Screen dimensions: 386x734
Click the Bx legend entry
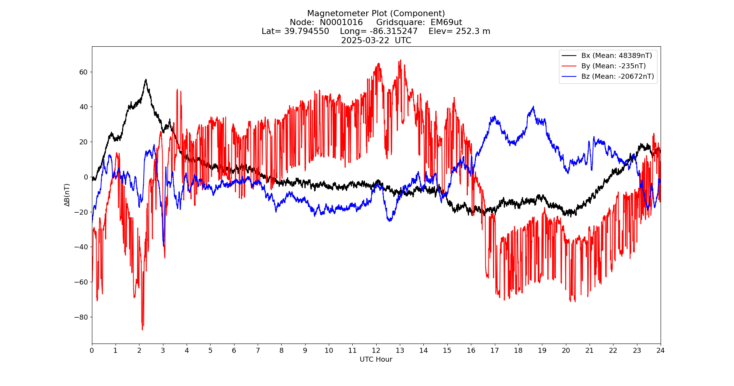pyautogui.click(x=616, y=56)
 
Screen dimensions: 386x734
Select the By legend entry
pyautogui.click(x=613, y=66)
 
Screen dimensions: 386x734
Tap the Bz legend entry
pyautogui.click(x=617, y=76)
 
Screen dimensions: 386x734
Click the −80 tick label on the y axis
pyautogui.click(x=82, y=317)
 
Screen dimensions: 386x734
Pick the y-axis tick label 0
pyautogui.click(x=86, y=177)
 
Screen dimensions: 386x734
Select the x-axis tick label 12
pyautogui.click(x=376, y=350)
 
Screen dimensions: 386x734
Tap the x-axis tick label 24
pyautogui.click(x=660, y=350)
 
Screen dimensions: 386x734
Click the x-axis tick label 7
pyautogui.click(x=258, y=350)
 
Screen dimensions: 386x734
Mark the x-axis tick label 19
pyautogui.click(x=542, y=350)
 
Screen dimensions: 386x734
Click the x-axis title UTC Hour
pyautogui.click(x=376, y=359)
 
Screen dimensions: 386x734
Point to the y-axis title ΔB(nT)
pyautogui.click(x=67, y=195)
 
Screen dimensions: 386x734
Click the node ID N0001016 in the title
pyautogui.click(x=341, y=22)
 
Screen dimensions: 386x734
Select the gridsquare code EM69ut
pyautogui.click(x=446, y=22)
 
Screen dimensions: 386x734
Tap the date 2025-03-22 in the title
pyautogui.click(x=365, y=41)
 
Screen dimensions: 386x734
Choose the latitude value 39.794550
pyautogui.click(x=307, y=31)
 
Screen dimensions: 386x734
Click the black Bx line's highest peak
pyautogui.click(x=146, y=80)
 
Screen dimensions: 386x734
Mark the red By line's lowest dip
pyautogui.click(x=142, y=329)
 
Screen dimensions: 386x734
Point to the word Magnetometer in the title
pyautogui.click(x=338, y=14)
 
